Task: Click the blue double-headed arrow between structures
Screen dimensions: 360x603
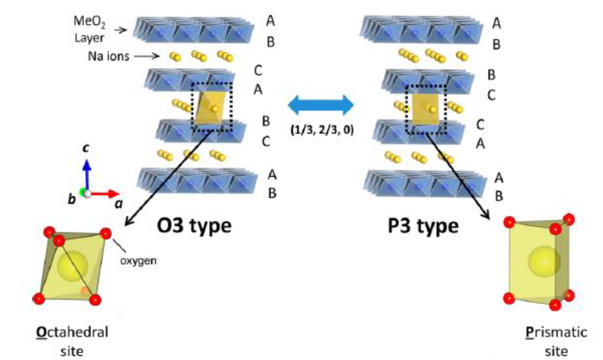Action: (321, 103)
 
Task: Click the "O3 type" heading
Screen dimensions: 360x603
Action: (196, 225)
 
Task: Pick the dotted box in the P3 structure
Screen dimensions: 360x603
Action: (427, 105)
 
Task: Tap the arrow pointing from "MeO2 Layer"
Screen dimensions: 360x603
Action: (121, 30)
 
